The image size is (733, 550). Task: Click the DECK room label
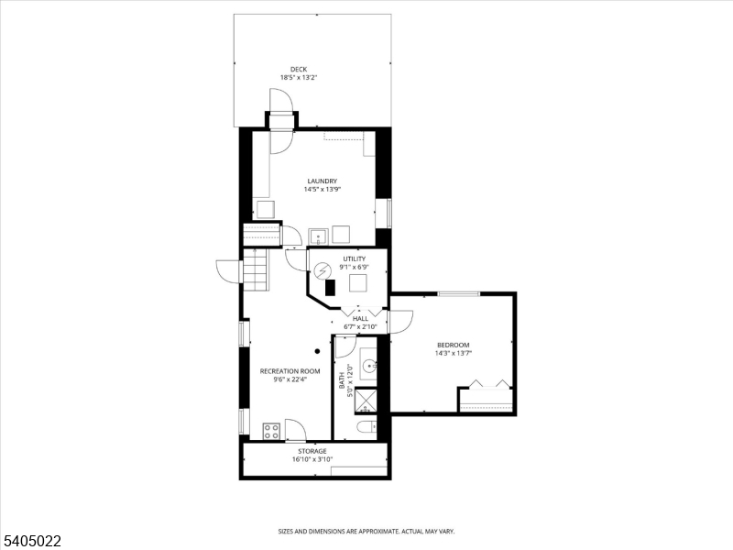coord(299,70)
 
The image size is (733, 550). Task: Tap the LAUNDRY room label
coord(323,181)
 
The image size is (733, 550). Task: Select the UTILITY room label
coord(355,258)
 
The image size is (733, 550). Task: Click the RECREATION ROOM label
coord(290,371)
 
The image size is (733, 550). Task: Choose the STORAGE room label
coord(312,451)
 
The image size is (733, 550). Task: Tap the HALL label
coord(360,318)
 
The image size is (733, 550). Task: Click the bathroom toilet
coord(366,427)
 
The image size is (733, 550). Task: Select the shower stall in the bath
coord(366,401)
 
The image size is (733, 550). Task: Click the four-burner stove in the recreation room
coord(271,431)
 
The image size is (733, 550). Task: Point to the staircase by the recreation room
coord(256,270)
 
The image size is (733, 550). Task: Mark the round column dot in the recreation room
coord(317,351)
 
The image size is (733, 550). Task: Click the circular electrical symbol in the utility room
coord(322,270)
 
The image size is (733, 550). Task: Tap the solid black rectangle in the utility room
coord(331,287)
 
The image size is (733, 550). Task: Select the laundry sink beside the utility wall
coord(318,236)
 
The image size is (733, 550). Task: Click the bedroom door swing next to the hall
coord(401,322)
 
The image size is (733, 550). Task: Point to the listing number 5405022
coord(31,542)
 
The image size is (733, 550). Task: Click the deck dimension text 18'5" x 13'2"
coord(299,78)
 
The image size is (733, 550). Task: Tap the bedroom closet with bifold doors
coord(487,397)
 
